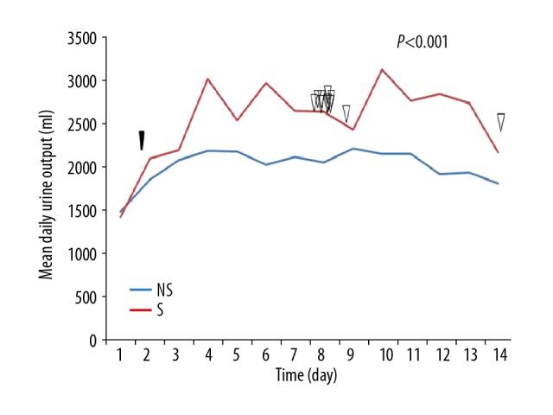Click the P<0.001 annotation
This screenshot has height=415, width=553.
tap(422, 41)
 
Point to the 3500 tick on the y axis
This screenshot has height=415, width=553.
tap(90, 38)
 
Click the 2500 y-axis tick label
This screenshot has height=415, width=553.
tap(90, 124)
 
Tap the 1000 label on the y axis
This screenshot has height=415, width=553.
tap(90, 253)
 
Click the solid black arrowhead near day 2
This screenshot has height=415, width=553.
tap(143, 140)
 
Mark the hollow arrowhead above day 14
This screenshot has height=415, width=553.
tap(500, 122)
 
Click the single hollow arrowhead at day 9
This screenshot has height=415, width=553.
tap(346, 113)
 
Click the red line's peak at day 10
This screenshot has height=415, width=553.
tap(382, 69)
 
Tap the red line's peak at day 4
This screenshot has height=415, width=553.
tap(207, 79)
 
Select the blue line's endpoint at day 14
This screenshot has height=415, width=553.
tap(499, 183)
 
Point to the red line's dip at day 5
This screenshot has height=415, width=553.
tap(236, 119)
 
